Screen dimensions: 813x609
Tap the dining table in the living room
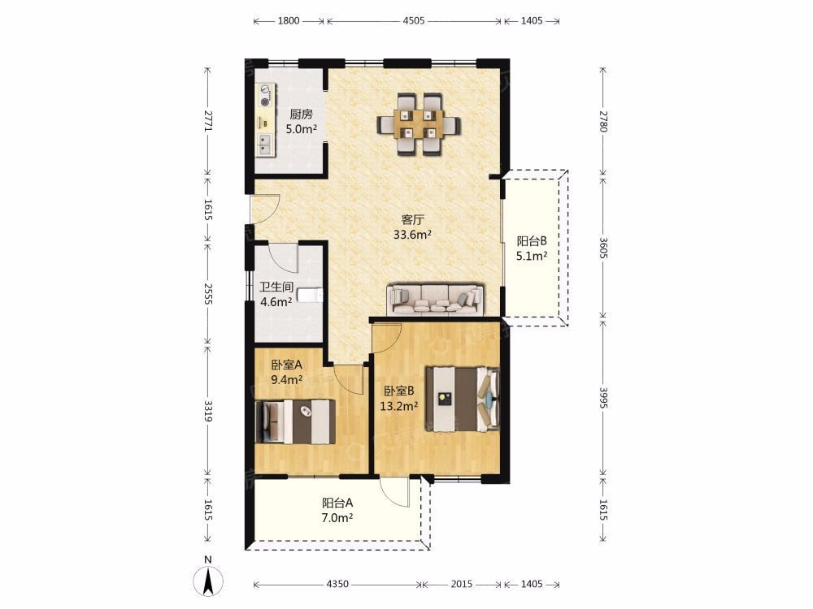pyautogui.click(x=419, y=124)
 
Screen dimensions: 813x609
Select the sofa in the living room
pyautogui.click(x=436, y=300)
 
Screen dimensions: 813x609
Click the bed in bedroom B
pyautogui.click(x=463, y=399)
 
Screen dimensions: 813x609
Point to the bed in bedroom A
pyautogui.click(x=295, y=422)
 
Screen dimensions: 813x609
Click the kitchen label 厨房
pyautogui.click(x=302, y=114)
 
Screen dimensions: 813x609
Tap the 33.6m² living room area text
pyautogui.click(x=413, y=235)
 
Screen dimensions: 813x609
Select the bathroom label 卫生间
pyautogui.click(x=276, y=287)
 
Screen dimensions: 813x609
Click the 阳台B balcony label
pyautogui.click(x=532, y=241)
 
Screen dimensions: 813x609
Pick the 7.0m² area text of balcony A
pyautogui.click(x=337, y=517)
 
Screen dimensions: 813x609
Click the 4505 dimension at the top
pyautogui.click(x=414, y=21)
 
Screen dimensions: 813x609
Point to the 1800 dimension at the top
pyautogui.click(x=289, y=21)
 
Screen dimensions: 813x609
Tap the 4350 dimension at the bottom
pyautogui.click(x=337, y=584)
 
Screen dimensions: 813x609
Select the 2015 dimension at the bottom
pyautogui.click(x=462, y=584)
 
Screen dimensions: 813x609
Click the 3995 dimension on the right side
pyautogui.click(x=603, y=397)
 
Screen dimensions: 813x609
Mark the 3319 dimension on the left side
pyautogui.click(x=208, y=410)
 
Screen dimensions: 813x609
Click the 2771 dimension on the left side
pyautogui.click(x=208, y=120)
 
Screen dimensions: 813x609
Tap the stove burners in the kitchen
pyautogui.click(x=267, y=95)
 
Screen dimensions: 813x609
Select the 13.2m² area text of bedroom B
pyautogui.click(x=398, y=406)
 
